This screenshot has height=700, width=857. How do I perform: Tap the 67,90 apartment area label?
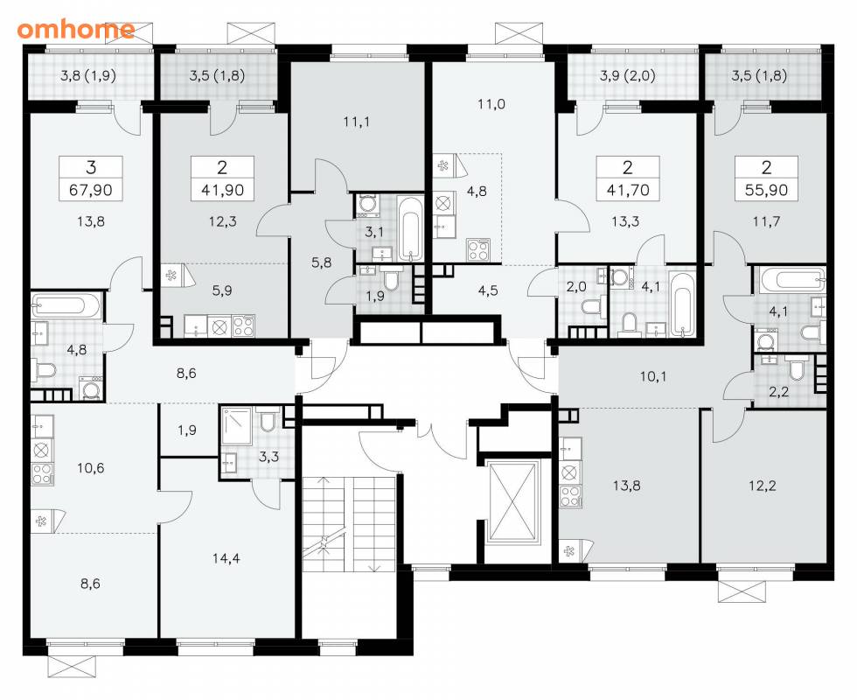pos(91,190)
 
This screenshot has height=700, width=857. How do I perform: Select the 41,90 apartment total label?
pos(222,190)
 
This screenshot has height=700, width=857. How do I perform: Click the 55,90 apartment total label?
pos(766,190)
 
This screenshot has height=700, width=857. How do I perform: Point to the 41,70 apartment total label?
pos(628,190)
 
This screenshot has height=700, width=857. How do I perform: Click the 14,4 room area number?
pos(226,558)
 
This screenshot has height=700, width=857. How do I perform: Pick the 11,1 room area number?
pos(357,122)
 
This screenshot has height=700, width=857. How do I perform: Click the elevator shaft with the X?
pos(512,501)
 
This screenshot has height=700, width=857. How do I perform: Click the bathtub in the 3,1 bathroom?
pos(410,228)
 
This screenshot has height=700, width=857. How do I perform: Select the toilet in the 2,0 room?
pos(591,307)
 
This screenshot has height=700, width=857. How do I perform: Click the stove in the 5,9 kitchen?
pos(244,325)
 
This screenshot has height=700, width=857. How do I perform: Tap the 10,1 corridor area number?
pos(653,376)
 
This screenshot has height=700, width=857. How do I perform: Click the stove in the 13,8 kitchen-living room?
pos(570,496)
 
